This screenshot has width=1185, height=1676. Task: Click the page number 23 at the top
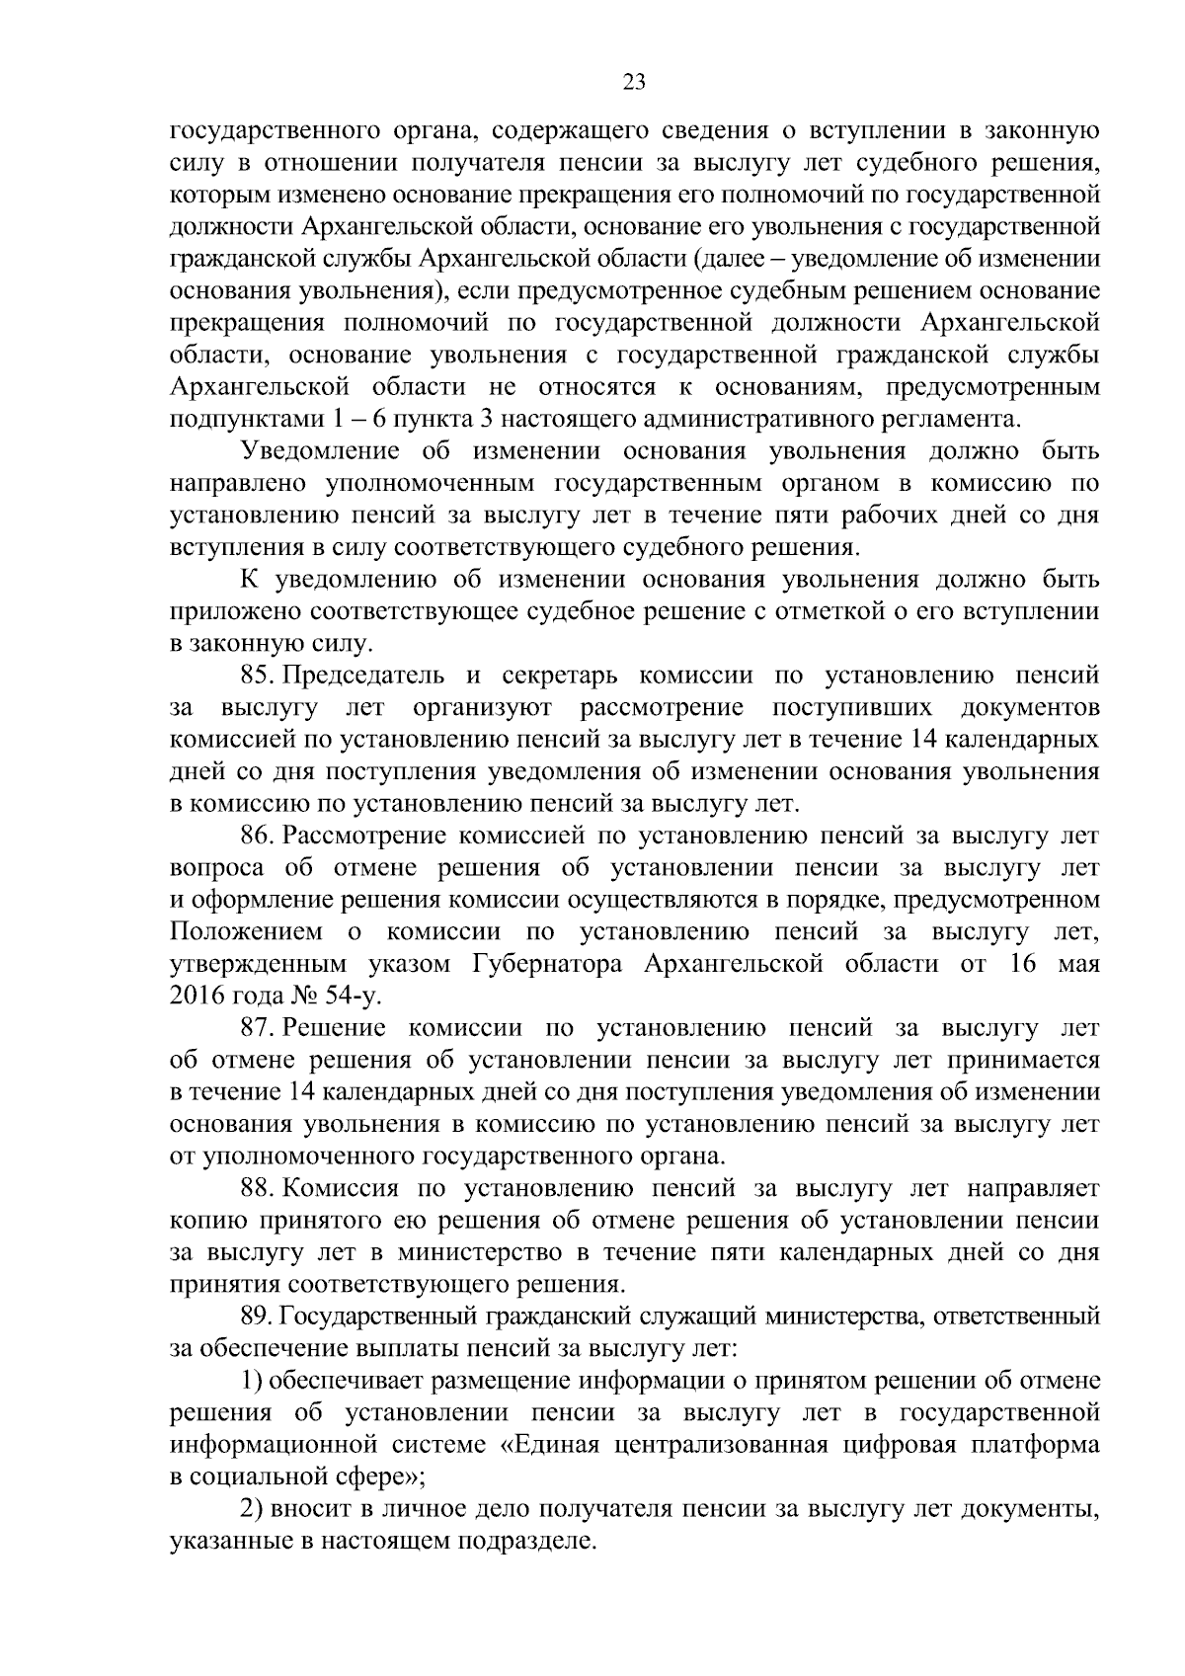(634, 83)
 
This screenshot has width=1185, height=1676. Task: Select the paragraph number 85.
(256, 676)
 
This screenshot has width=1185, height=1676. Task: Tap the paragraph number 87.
(256, 1028)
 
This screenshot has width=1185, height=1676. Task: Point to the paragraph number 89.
(256, 1316)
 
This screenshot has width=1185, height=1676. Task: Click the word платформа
(1031, 1444)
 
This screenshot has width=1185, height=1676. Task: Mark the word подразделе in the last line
(524, 1541)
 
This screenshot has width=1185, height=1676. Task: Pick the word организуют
(483, 707)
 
